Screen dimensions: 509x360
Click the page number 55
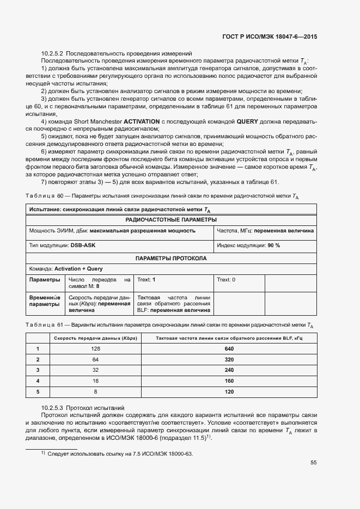point(314,463)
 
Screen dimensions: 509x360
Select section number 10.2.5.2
point(52,53)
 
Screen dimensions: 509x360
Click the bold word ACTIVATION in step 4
point(142,121)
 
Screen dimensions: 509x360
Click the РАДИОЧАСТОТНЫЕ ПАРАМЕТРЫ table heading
point(171,219)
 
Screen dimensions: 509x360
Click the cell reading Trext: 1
point(147,279)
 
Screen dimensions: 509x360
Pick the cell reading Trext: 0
point(226,279)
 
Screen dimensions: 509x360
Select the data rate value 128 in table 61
point(96,348)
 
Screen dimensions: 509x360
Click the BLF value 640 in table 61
point(229,348)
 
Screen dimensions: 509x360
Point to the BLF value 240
point(229,370)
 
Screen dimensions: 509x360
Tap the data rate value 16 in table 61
point(96,381)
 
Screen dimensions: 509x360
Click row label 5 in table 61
point(38,391)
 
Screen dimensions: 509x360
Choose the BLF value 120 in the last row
point(229,391)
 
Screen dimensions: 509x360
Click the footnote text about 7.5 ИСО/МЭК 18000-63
point(120,453)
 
